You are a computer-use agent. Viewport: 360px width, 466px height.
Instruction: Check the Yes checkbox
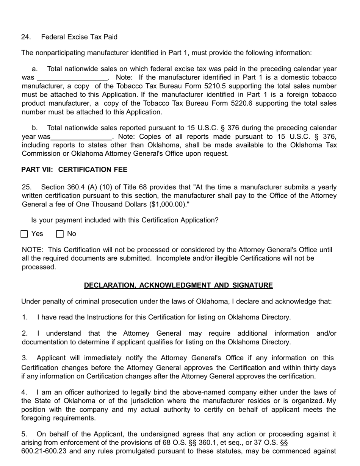24,234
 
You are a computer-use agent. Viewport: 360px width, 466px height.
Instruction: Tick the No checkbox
60,234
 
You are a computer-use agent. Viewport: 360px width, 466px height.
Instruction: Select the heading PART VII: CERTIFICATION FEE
74,169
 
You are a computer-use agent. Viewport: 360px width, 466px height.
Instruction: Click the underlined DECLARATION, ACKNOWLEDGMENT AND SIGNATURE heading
178,285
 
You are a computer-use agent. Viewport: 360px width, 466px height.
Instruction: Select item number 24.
26,37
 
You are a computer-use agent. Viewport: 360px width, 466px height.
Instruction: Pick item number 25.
26,187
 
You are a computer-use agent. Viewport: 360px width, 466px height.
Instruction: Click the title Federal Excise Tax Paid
79,37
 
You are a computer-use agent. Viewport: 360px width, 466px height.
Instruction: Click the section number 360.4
75,187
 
